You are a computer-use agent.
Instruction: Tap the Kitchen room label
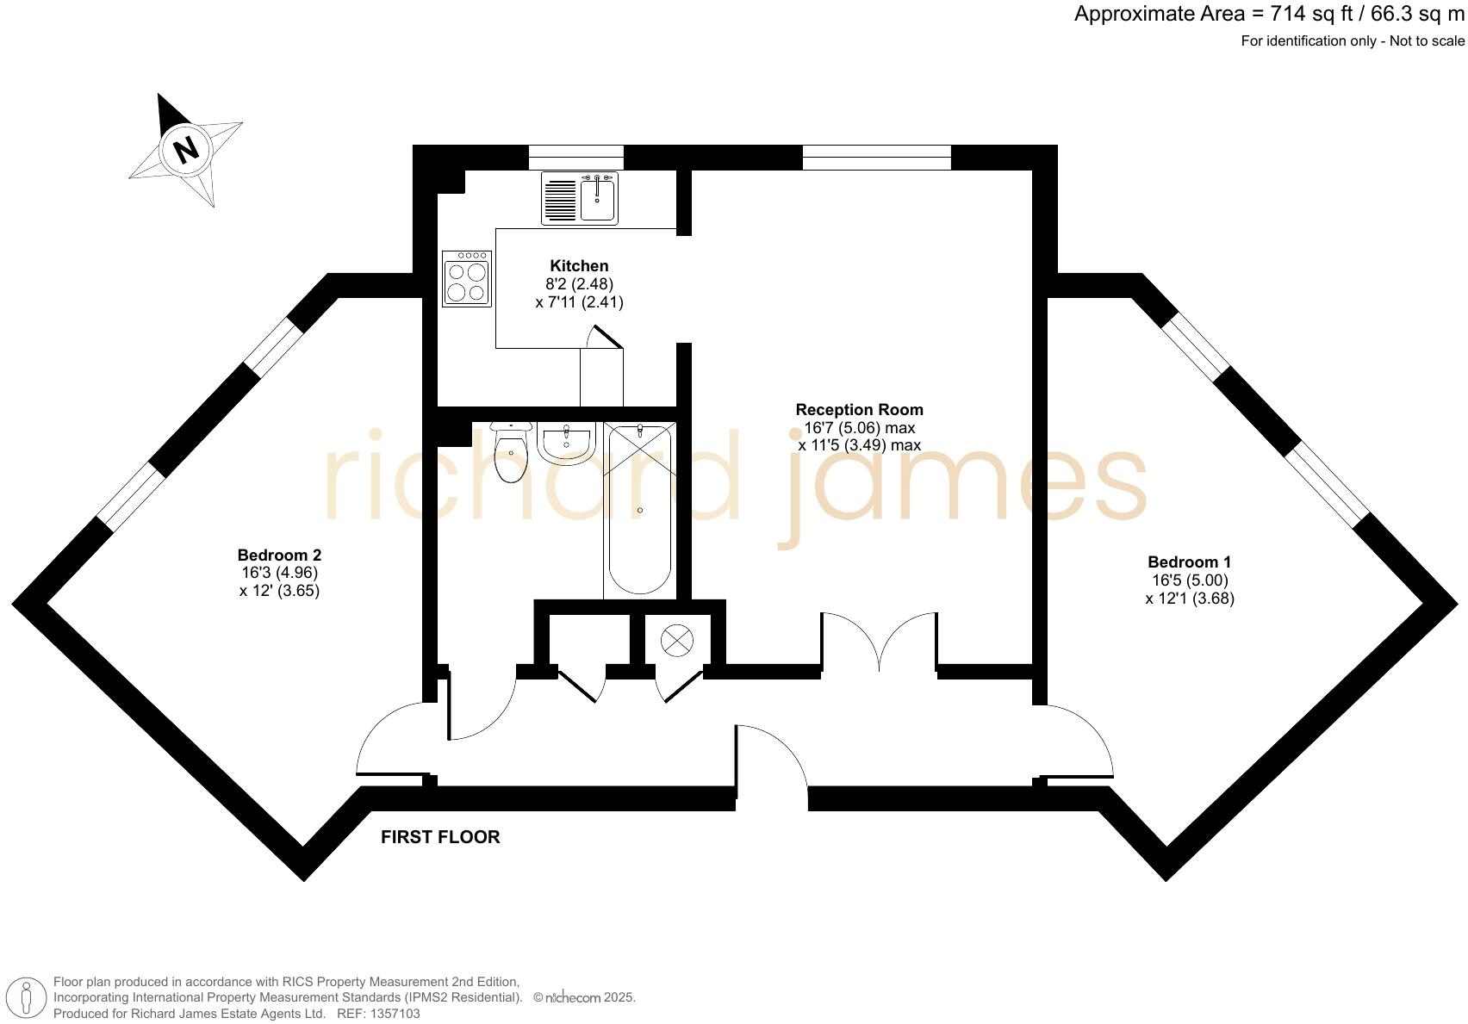579,266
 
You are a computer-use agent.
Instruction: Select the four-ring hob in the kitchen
467,279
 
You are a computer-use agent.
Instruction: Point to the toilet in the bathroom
511,454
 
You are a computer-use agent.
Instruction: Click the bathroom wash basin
566,441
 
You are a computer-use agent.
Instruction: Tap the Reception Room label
859,410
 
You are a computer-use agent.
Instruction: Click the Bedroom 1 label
1189,562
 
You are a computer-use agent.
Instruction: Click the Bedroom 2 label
279,555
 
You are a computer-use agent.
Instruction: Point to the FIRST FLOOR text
440,837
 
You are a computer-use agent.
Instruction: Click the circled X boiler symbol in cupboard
676,640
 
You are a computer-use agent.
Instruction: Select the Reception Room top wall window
876,158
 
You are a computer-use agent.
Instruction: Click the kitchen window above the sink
575,158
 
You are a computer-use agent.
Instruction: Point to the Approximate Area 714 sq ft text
1268,15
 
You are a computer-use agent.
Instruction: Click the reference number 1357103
395,1014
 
